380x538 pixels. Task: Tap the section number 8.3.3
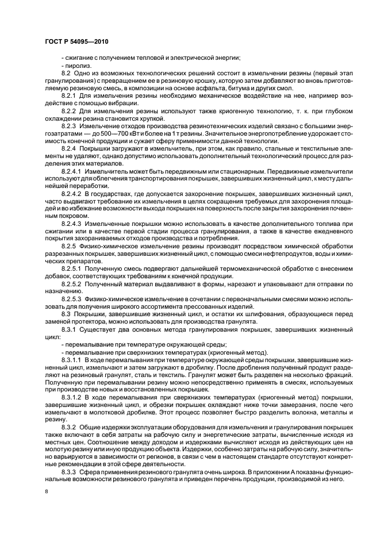click(68, 471)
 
